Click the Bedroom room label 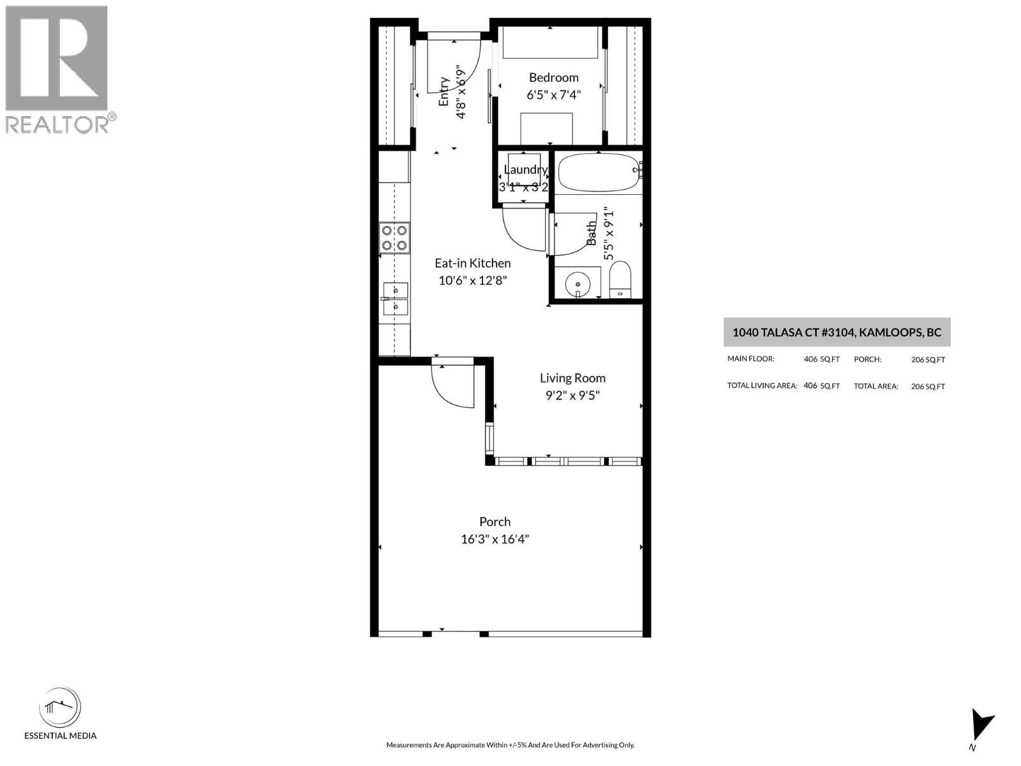point(553,78)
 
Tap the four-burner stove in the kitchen point(394,237)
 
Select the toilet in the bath point(620,280)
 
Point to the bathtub point(598,172)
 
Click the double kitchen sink point(394,299)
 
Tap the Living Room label point(572,378)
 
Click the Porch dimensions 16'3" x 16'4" point(495,539)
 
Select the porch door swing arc point(453,386)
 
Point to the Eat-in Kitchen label point(472,263)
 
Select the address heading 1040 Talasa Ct point(837,333)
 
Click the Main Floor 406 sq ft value point(821,359)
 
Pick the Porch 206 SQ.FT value point(928,360)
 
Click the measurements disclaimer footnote point(511,745)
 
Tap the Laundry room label point(525,170)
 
